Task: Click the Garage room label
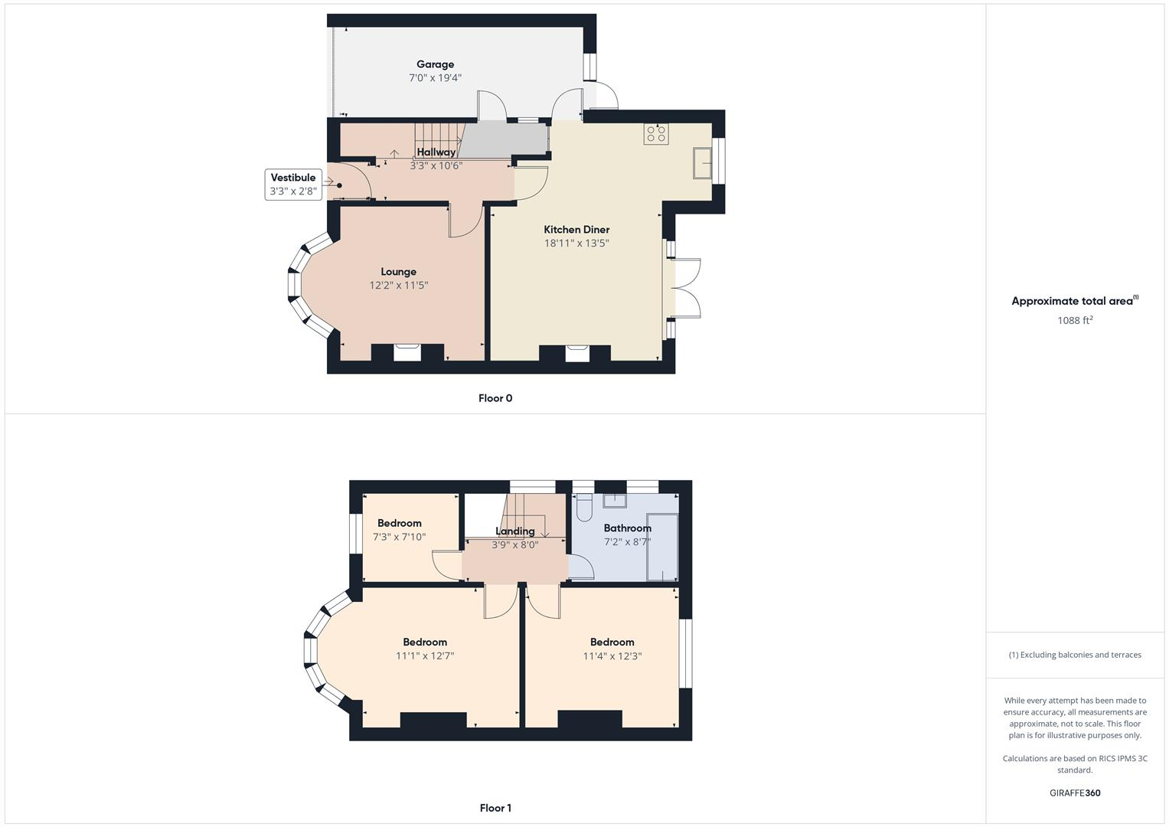435,64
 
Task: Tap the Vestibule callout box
292,185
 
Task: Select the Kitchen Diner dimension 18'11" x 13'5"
576,244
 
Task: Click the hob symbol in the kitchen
656,134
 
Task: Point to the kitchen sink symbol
702,162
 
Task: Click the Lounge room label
398,272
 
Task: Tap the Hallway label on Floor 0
436,152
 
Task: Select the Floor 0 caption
495,398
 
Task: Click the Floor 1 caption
495,808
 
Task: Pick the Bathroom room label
627,528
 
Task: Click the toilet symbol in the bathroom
584,509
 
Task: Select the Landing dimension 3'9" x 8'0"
514,545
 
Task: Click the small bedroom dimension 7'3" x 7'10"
399,538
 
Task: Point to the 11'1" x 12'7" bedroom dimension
425,656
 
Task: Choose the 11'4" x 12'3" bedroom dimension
612,656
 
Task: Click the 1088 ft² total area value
1075,321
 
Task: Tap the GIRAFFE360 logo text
1075,793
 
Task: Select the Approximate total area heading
1075,301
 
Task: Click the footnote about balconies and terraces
1075,655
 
